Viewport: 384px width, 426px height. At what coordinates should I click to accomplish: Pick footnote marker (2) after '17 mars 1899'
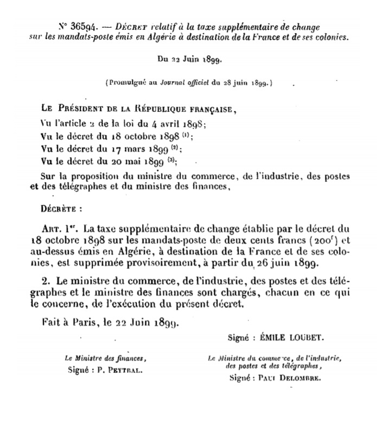174,147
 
